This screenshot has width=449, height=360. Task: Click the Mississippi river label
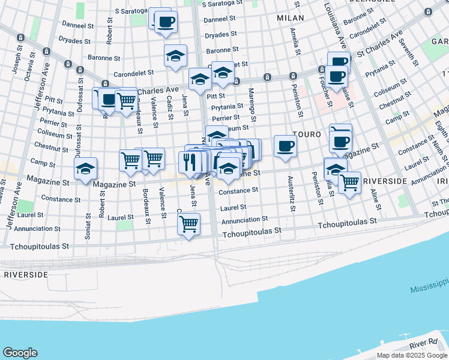(x=429, y=286)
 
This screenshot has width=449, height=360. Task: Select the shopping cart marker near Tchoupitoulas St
(x=189, y=224)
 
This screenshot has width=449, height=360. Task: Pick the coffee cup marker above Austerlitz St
(x=285, y=146)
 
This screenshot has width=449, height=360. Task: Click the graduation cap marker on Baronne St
(x=175, y=56)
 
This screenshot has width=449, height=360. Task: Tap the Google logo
(x=20, y=353)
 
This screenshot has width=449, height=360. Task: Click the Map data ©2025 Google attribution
(x=412, y=355)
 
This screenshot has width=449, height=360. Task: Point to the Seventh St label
(x=410, y=52)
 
